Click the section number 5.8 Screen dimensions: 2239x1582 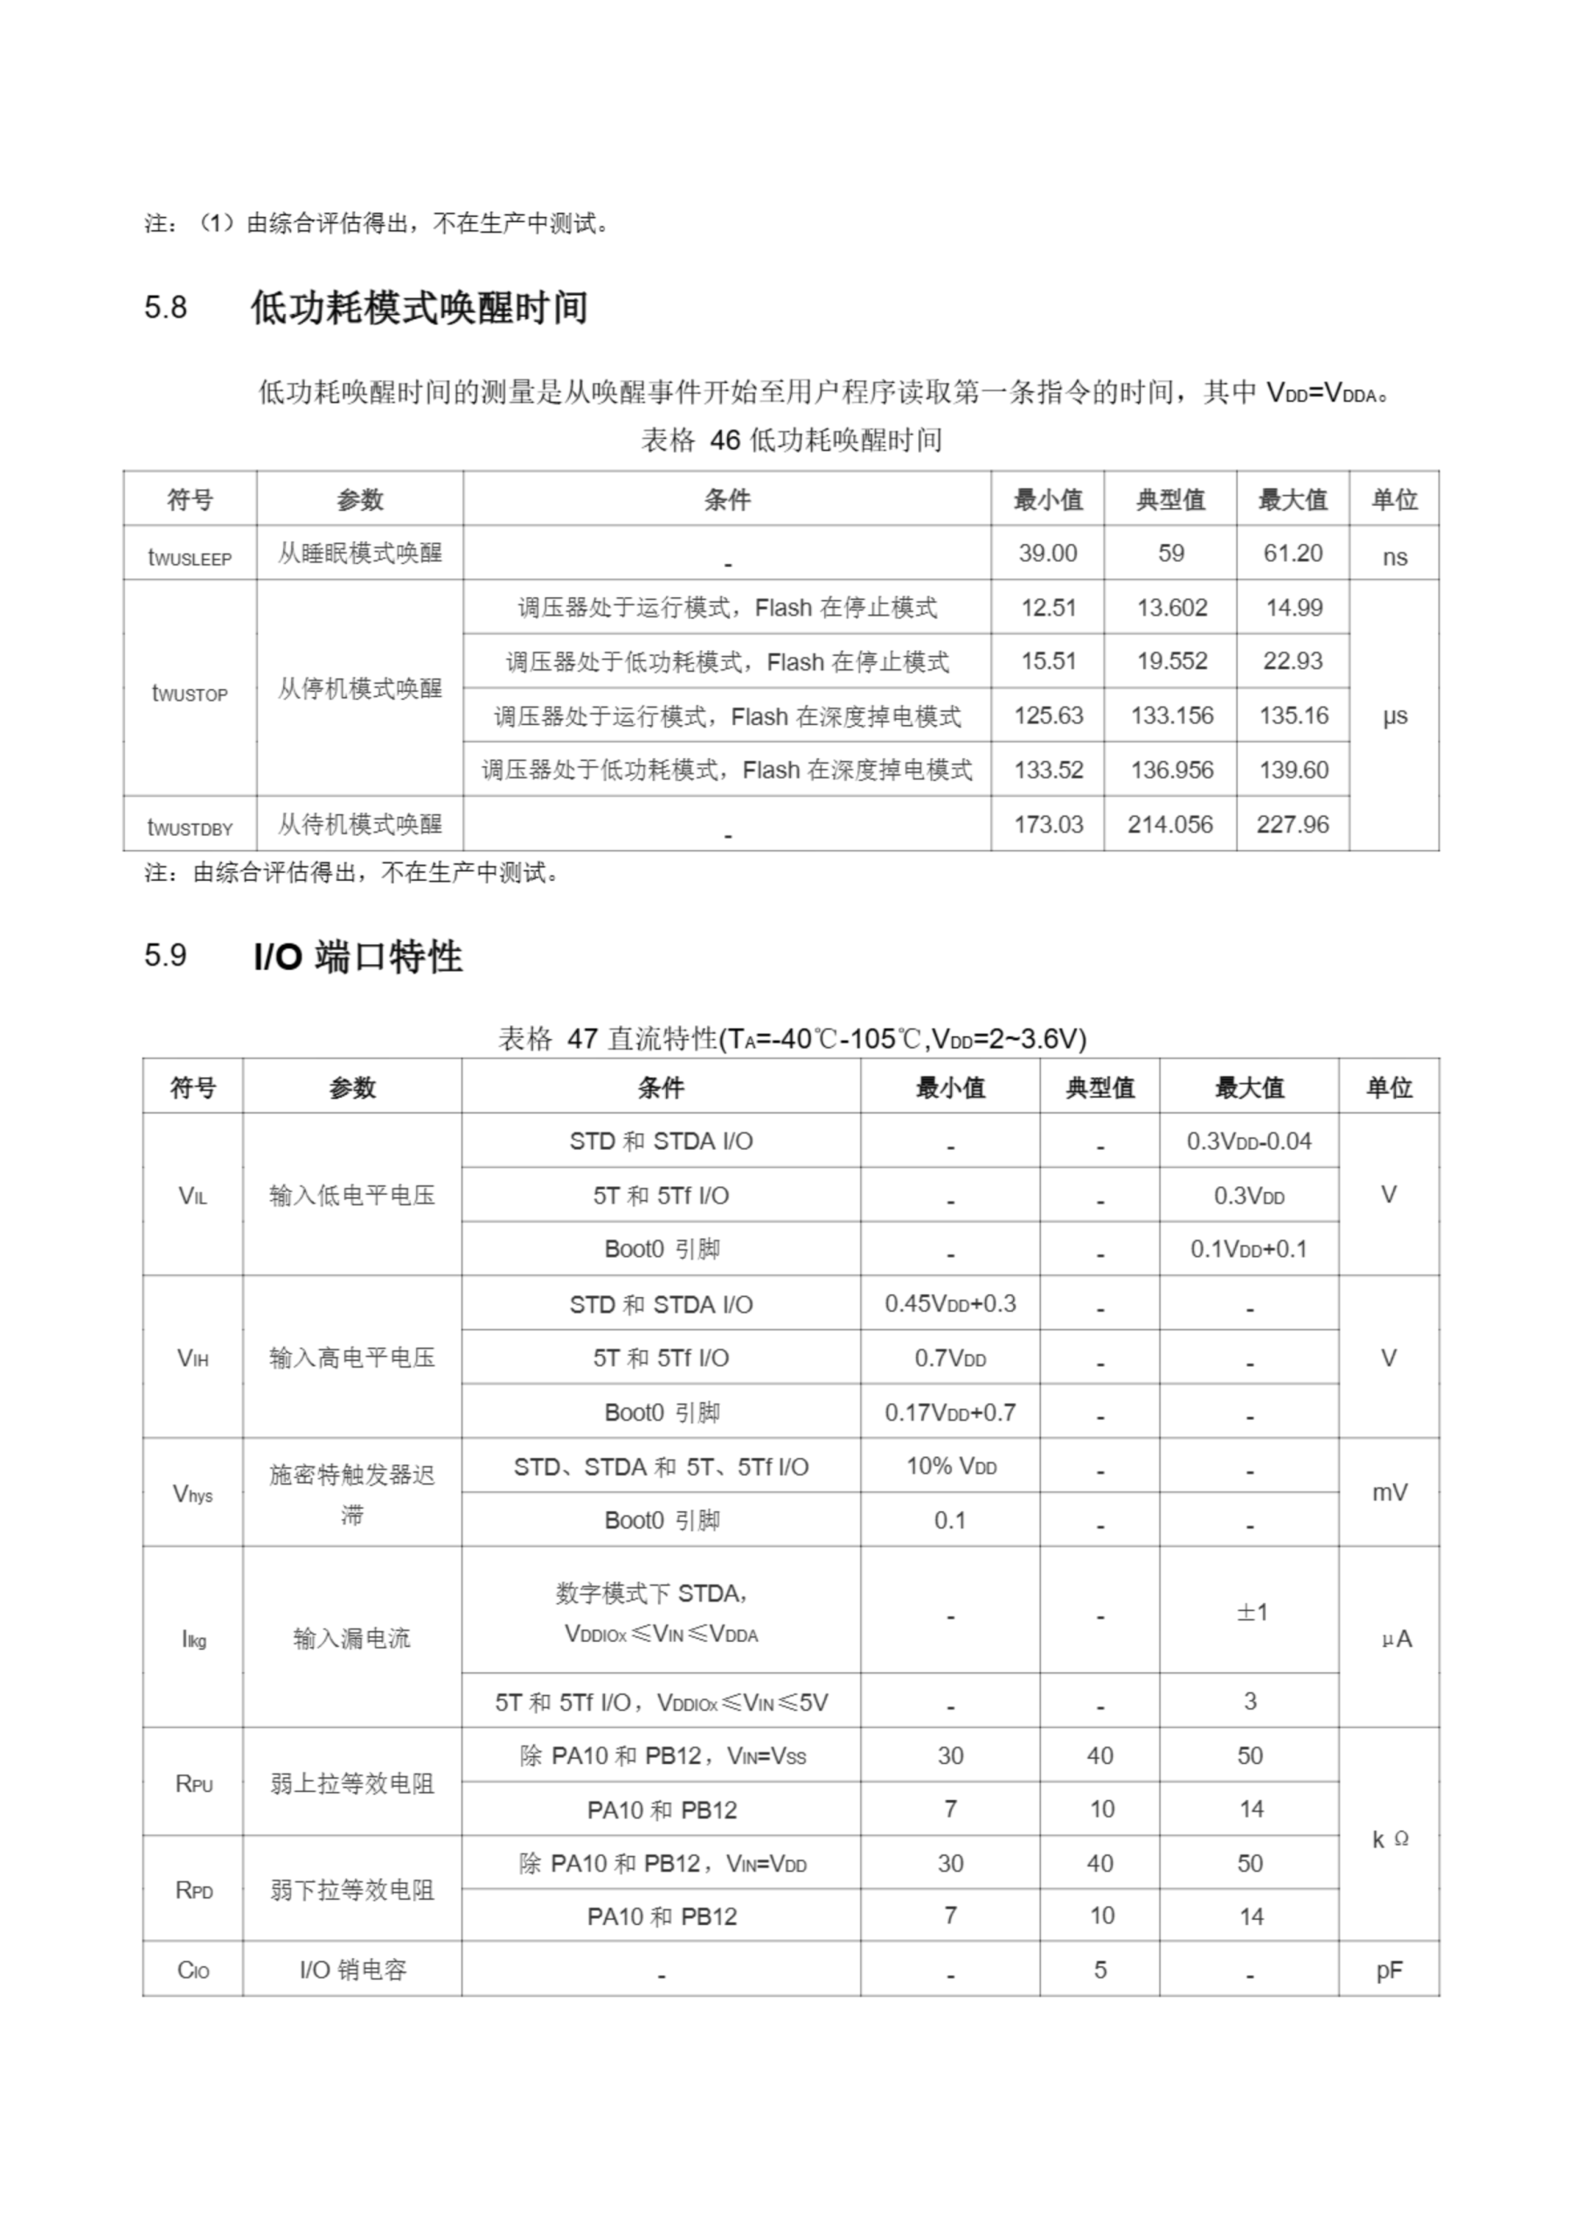[x=166, y=308]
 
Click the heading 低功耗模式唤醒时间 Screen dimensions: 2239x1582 [x=420, y=308]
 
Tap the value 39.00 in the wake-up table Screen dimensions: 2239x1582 [x=1048, y=553]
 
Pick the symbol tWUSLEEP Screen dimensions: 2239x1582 [x=190, y=557]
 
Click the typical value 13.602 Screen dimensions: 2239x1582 [x=1170, y=608]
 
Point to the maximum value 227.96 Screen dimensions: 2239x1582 [x=1293, y=824]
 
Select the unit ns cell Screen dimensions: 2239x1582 [x=1394, y=557]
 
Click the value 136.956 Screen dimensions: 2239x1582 [x=1170, y=770]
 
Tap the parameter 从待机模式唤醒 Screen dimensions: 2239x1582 [x=360, y=824]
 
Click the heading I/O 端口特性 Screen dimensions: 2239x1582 [x=357, y=957]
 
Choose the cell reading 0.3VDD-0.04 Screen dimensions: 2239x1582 [x=1249, y=1141]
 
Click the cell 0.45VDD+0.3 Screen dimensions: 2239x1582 [x=950, y=1304]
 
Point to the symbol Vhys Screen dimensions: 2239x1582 [x=193, y=1493]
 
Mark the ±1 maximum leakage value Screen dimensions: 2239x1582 [x=1251, y=1612]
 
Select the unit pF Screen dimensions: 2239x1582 [x=1389, y=1970]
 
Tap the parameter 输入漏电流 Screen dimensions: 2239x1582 [x=352, y=1638]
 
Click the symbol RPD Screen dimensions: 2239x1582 [x=193, y=1890]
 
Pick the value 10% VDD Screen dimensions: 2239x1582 [x=950, y=1466]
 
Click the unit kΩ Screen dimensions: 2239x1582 [x=1389, y=1838]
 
